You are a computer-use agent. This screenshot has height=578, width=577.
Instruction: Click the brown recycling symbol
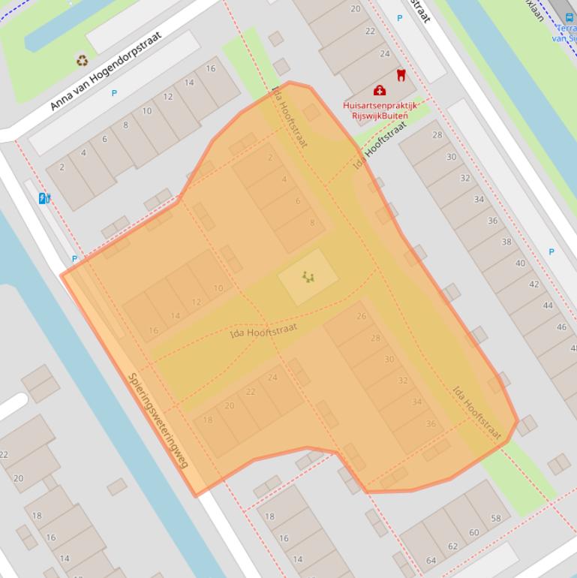coord(82,60)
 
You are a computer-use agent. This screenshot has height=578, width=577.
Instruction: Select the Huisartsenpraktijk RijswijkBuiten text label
coord(380,110)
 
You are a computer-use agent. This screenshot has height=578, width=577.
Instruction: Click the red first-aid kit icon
coord(380,91)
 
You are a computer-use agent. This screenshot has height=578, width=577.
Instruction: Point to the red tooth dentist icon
coord(400,75)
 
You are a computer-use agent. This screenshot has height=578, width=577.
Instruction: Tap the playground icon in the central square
coord(308,277)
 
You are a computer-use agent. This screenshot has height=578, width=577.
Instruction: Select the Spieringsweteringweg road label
coord(158,421)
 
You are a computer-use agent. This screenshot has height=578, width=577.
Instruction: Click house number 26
coord(362,316)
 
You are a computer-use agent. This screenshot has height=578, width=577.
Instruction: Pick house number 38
coord(506,242)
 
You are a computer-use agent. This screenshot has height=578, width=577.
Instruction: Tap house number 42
coord(534,284)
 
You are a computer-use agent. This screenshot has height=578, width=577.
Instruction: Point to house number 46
coord(561,327)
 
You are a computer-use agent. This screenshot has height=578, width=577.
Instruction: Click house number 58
coord(496,519)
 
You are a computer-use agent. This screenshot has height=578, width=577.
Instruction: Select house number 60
coord(474,533)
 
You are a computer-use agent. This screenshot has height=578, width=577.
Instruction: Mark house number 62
coord(452,546)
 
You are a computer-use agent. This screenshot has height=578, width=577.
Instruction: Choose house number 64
coord(431,560)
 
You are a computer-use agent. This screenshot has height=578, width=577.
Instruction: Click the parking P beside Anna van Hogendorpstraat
coord(114,93)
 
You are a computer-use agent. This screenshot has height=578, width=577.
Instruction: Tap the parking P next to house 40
coord(551,252)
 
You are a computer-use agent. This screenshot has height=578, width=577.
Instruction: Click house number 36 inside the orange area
coord(431,424)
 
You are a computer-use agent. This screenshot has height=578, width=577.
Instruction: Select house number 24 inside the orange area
coord(272,377)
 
